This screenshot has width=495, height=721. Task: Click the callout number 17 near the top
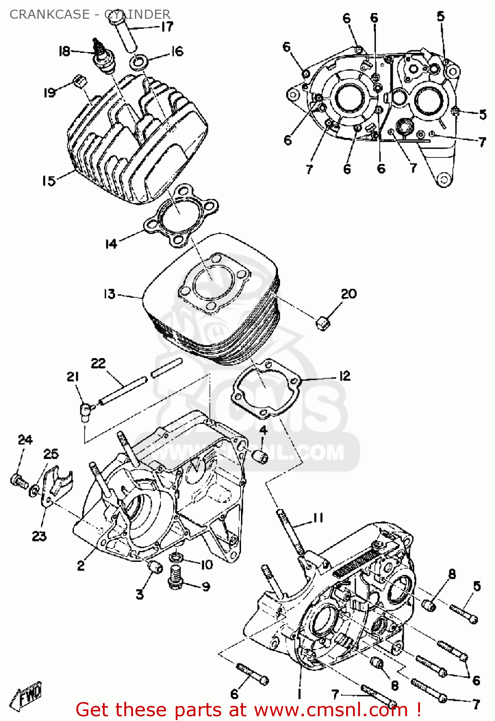167,26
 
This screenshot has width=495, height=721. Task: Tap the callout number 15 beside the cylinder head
48,181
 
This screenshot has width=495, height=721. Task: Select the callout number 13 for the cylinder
109,294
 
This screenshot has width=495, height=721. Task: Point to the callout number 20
349,294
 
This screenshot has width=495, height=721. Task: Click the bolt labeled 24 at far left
18,480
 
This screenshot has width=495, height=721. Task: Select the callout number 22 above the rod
98,363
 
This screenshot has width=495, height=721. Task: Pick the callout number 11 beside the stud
318,518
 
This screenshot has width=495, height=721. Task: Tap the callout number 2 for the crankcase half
81,565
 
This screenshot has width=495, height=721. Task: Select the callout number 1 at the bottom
299,694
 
